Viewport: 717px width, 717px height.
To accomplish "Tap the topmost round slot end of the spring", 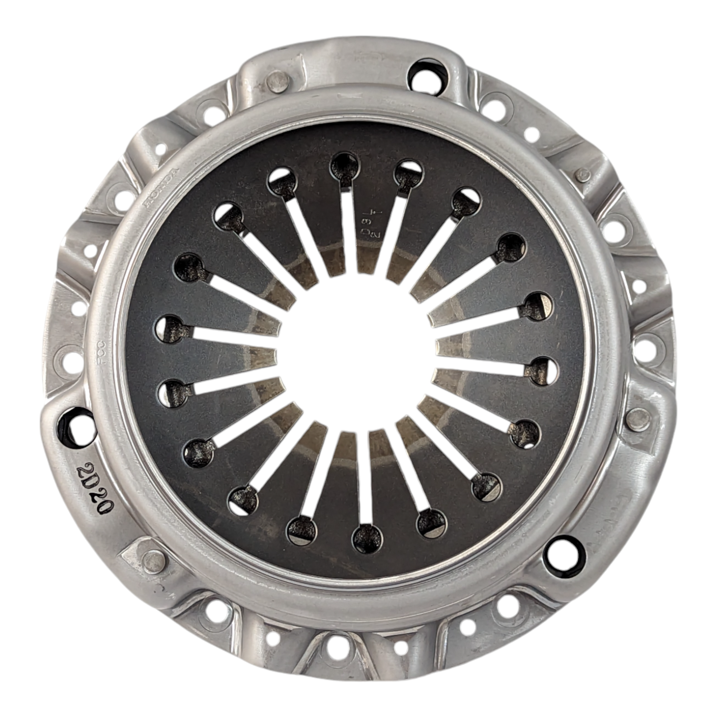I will click(345, 165).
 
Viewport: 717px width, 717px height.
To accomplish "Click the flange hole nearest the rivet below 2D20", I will click(216, 608).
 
